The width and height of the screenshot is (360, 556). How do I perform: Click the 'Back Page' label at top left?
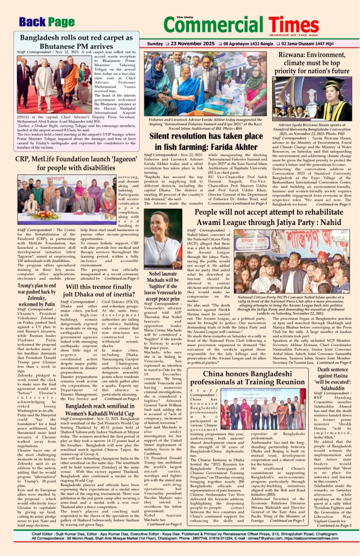(46, 22)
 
